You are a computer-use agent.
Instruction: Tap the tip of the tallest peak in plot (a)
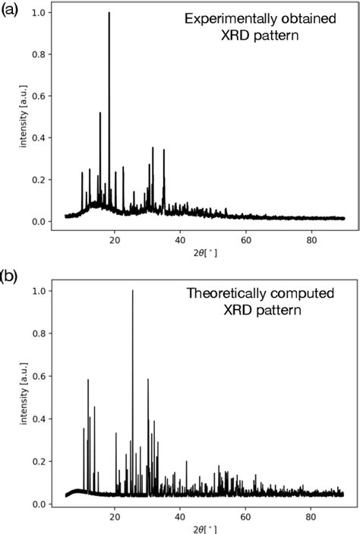(109, 13)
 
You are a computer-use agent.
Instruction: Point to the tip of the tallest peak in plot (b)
(133, 291)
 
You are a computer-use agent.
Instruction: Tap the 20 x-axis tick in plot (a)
(115, 242)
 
